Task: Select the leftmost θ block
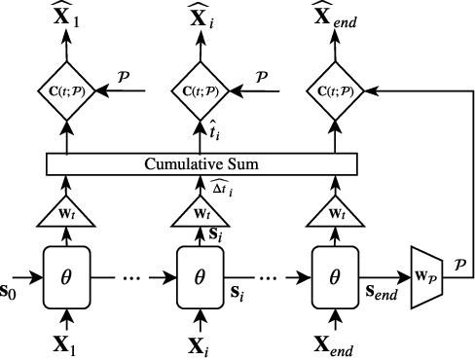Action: click(66, 277)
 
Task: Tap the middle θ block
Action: click(200, 277)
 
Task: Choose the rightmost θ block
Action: click(333, 277)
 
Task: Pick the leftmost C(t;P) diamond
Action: click(66, 93)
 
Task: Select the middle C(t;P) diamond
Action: click(200, 93)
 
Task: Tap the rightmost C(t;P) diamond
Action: click(333, 93)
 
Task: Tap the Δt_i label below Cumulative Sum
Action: click(221, 187)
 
